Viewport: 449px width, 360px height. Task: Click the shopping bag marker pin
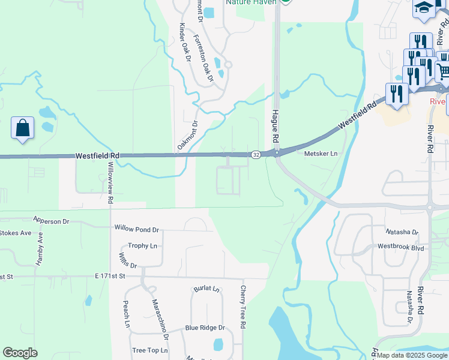(22, 128)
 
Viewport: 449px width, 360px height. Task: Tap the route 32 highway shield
(256, 155)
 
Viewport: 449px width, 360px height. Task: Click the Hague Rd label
(276, 125)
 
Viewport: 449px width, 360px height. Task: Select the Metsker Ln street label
(321, 154)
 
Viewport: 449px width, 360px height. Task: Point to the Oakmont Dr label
(187, 136)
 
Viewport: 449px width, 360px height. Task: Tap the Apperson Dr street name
(52, 221)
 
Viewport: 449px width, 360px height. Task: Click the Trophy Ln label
(142, 246)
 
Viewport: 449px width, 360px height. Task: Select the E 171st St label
(109, 276)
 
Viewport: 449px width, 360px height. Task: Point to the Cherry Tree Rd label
(243, 307)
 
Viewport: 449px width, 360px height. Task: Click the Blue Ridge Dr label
(205, 328)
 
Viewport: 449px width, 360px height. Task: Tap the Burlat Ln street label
(206, 289)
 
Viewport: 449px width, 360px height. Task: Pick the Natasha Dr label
(402, 232)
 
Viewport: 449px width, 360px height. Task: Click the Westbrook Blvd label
(400, 247)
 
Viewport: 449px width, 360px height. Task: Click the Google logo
(20, 353)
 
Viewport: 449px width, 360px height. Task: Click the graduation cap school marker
(423, 8)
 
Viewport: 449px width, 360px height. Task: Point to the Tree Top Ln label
(150, 350)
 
